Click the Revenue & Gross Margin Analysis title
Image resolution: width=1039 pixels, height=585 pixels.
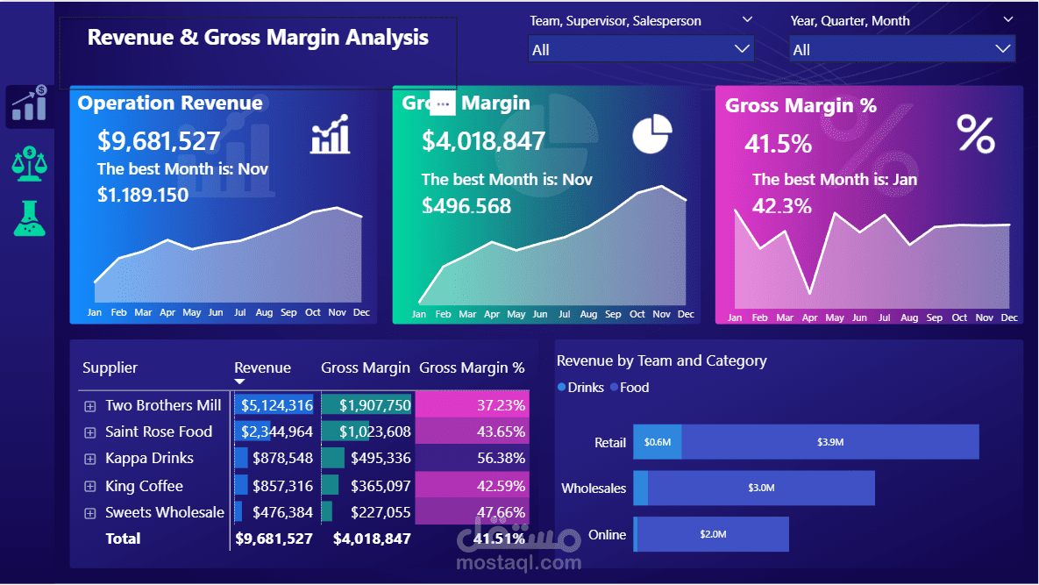258,38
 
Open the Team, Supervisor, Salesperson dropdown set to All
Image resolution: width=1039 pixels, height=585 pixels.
641,49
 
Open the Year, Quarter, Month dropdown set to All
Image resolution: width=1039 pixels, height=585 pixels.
902,49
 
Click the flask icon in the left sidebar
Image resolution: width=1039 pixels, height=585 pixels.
29,218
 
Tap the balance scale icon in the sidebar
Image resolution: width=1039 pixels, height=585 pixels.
29,163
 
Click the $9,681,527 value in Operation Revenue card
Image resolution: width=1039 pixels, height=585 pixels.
159,140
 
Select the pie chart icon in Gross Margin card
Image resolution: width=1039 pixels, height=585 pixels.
652,132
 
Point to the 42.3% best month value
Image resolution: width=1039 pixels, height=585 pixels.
782,207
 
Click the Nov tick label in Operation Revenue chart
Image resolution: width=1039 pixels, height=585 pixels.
337,312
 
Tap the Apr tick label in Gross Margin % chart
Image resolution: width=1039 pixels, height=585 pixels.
809,317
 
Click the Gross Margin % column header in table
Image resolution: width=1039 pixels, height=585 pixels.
472,367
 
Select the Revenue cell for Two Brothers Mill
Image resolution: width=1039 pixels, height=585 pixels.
275,405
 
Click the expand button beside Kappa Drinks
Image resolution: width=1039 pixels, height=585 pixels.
89,459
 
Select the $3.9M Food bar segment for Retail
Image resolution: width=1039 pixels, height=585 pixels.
829,442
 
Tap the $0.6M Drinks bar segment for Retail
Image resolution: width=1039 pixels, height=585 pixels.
658,442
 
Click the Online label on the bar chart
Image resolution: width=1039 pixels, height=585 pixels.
608,534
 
